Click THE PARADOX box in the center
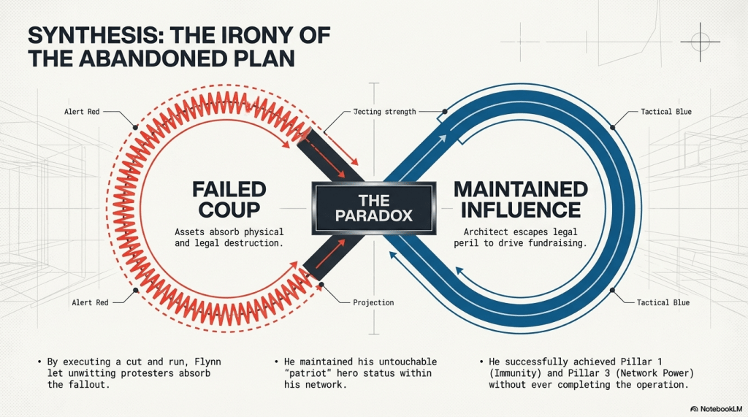point(373,208)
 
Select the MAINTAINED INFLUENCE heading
point(520,199)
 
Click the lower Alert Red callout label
point(91,302)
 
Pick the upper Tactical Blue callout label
point(665,112)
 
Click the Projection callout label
point(373,302)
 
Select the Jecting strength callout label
point(384,112)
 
